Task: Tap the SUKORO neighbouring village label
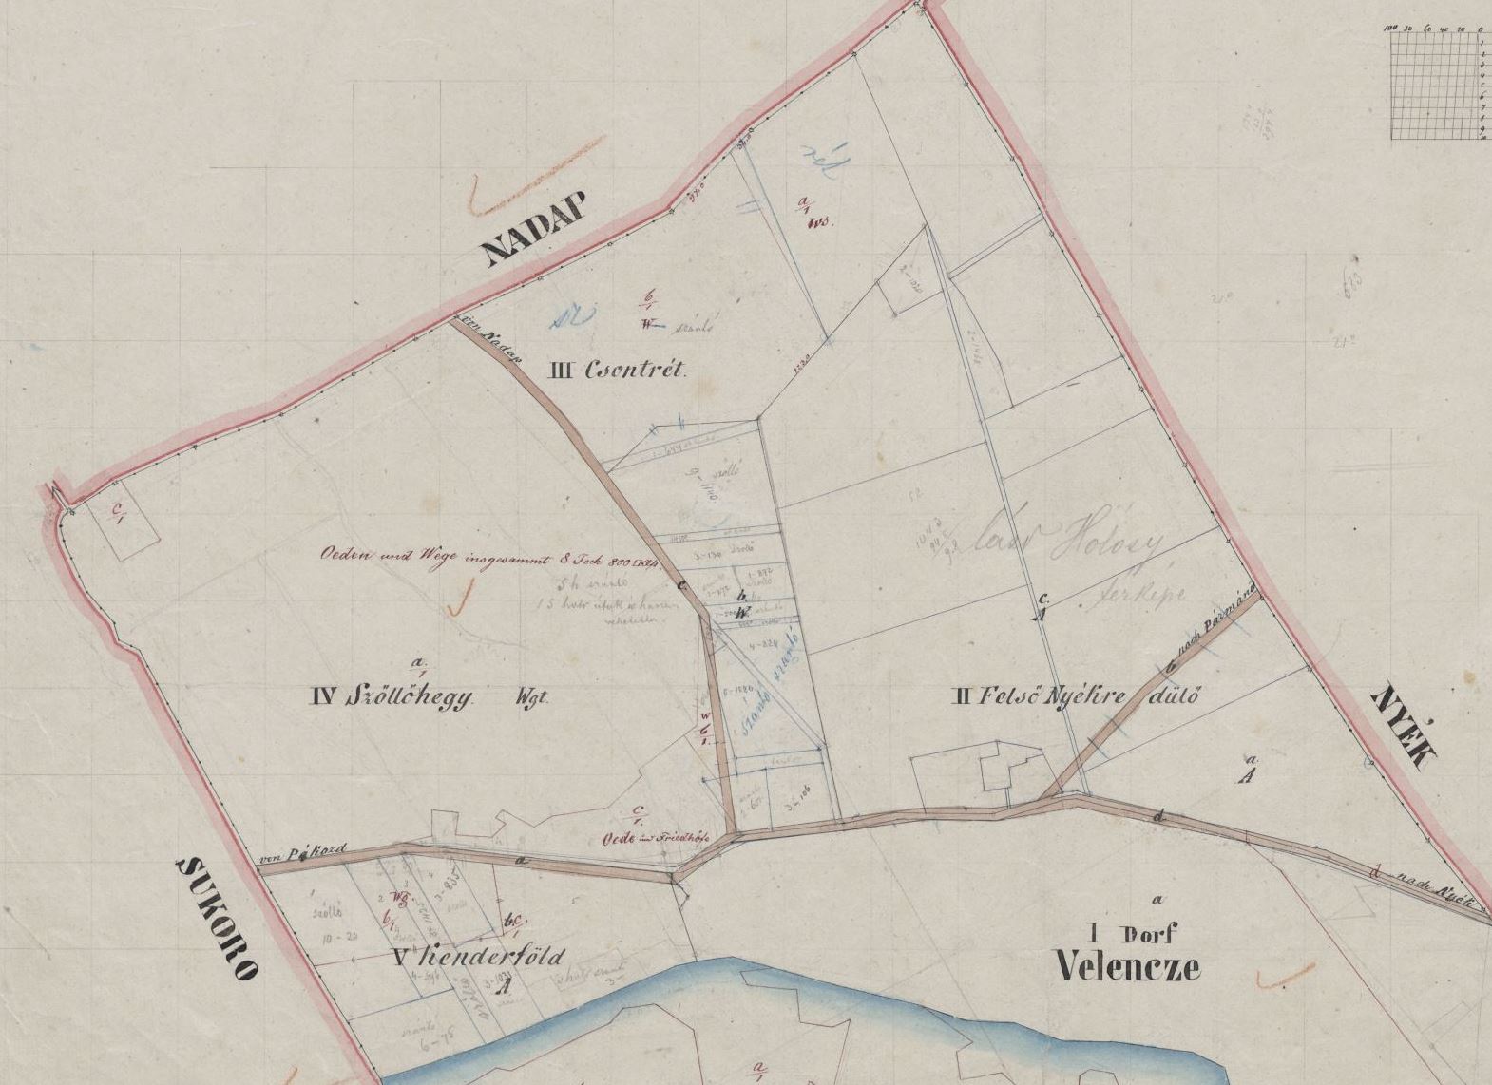pyautogui.click(x=218, y=917)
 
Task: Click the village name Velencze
pyautogui.click(x=1128, y=967)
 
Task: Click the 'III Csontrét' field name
pyautogui.click(x=616, y=371)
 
